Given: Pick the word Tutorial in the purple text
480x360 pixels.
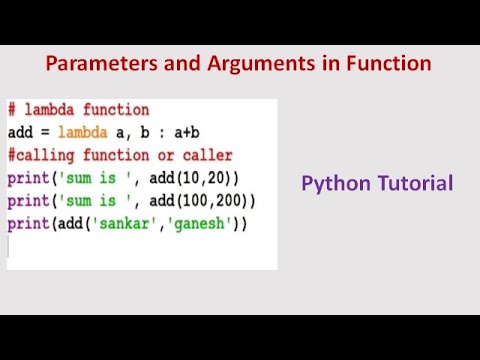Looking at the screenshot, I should tap(415, 184).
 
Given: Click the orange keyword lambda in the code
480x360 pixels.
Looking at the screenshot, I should tap(86, 132).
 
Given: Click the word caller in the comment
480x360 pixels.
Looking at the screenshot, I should tap(206, 154).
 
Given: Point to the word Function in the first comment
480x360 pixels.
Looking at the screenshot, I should tap(117, 110).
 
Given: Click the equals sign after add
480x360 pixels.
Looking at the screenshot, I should tap(46, 132).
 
